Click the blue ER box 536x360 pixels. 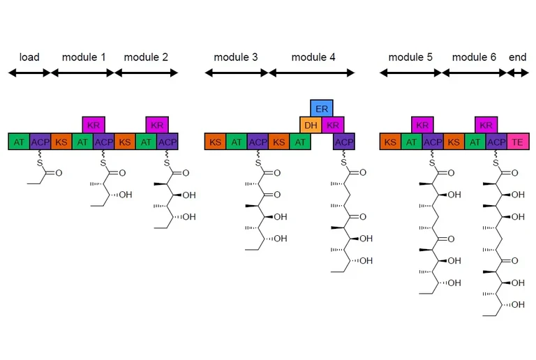pos(322,108)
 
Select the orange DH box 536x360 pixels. pos(311,125)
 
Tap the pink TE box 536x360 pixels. pos(518,142)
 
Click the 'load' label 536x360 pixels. pos(29,57)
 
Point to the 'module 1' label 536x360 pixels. pos(84,57)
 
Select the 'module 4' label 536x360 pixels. pos(313,57)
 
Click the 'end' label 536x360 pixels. pos(518,57)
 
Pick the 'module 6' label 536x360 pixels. pos(474,57)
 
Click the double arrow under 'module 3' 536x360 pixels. pos(236,73)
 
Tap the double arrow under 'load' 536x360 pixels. pos(29,73)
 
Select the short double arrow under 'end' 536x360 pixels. pos(518,73)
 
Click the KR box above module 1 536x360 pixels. pos(94,125)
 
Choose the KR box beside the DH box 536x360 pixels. pos(332,125)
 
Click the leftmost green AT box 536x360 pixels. pos(19,142)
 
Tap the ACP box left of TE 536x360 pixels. pos(496,142)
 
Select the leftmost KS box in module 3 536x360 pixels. pos(215,142)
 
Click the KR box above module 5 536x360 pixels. pos(422,125)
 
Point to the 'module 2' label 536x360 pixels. pos(146,57)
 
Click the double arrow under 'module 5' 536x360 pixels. pos(411,73)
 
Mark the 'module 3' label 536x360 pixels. pos(236,57)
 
